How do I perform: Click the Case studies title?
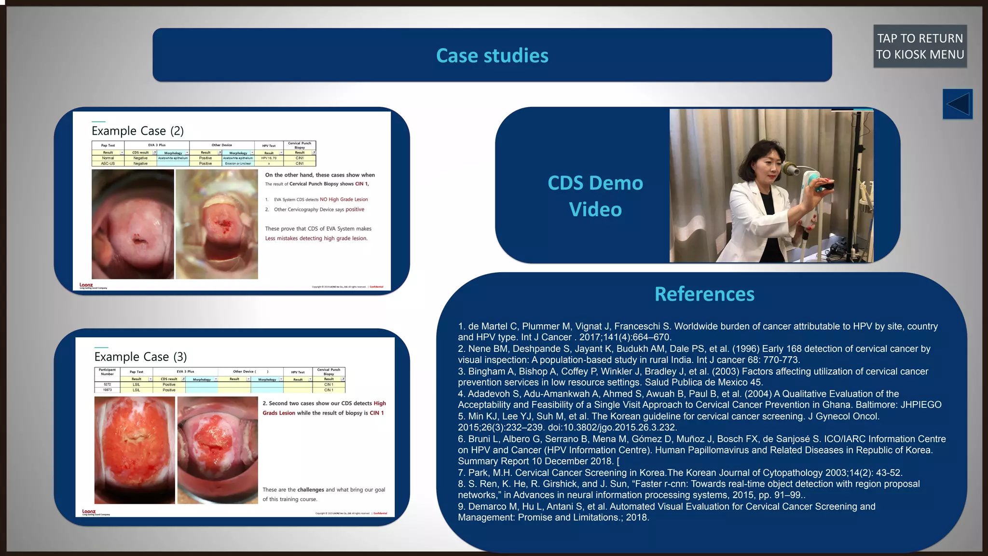(x=492, y=56)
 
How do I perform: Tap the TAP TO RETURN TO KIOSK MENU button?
(x=919, y=46)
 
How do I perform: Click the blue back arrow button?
(x=957, y=104)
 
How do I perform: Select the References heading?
(x=704, y=294)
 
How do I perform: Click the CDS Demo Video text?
(x=595, y=196)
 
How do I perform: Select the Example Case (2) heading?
(x=137, y=131)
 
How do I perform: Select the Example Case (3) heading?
(x=140, y=357)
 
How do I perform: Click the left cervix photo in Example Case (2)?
(x=133, y=224)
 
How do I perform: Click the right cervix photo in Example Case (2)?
(x=217, y=224)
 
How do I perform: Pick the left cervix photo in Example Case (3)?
(x=135, y=450)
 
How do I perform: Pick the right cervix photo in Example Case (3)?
(x=218, y=450)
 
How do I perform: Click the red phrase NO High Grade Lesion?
(x=343, y=199)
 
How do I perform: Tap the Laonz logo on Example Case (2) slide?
(x=87, y=285)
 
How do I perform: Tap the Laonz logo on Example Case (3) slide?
(x=89, y=512)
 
